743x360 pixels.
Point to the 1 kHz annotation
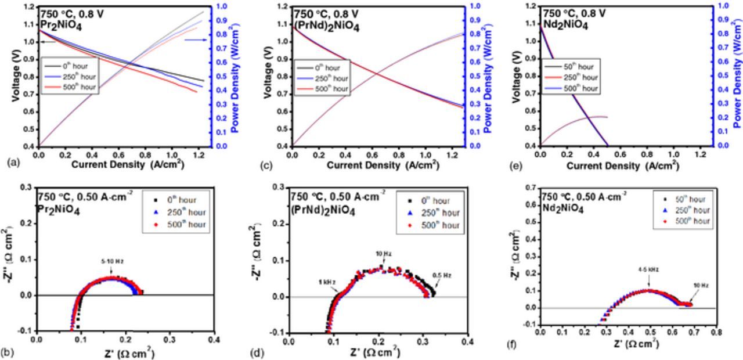point(327,282)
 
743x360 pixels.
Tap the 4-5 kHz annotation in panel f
point(648,269)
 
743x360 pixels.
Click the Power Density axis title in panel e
point(736,76)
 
